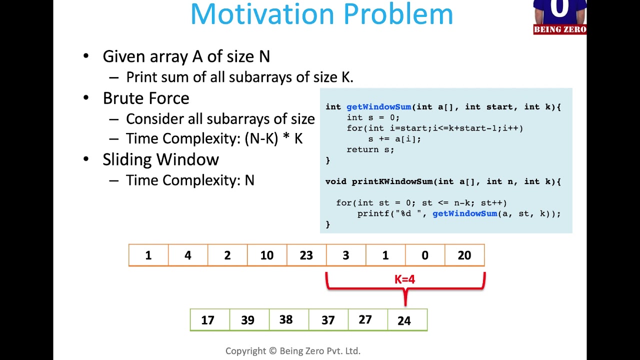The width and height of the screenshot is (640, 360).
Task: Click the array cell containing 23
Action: click(306, 255)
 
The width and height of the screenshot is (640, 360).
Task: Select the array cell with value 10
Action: click(266, 255)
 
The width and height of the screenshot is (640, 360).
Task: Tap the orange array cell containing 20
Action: click(464, 255)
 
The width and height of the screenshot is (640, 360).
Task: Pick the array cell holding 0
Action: click(424, 255)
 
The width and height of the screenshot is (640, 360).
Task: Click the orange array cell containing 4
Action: click(187, 255)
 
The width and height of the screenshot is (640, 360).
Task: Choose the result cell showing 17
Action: click(208, 320)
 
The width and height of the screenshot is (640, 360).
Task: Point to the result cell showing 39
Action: click(247, 320)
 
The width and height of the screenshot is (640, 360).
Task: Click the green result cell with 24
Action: click(404, 320)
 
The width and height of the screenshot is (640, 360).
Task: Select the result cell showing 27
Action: click(365, 320)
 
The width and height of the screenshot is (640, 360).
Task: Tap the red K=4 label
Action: click(404, 279)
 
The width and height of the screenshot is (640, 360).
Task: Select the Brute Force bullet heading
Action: click(146, 98)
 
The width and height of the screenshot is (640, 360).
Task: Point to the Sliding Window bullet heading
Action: click(160, 159)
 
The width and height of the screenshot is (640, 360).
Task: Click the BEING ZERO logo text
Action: click(559, 29)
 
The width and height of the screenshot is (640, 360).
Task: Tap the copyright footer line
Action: click(292, 351)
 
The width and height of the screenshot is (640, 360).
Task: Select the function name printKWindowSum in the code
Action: click(392, 181)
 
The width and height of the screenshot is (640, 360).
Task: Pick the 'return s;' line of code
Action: click(370, 149)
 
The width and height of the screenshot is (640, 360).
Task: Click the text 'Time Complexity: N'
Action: click(190, 180)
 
